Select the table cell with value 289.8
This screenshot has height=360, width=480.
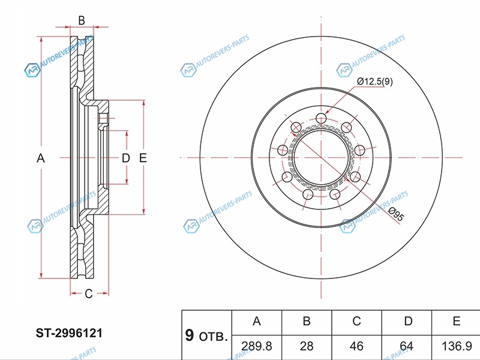pos(256,346)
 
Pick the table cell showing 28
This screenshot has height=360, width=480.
pos(306,346)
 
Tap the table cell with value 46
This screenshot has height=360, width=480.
pos(356,346)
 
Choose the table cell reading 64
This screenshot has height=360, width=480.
pos(408,346)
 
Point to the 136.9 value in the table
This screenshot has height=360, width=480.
pos(456,346)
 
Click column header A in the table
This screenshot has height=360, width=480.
pos(256,322)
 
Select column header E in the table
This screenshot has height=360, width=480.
pos(456,322)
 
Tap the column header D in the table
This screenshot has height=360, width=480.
pos(408,322)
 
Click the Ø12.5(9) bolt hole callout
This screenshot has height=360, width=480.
pos(375,82)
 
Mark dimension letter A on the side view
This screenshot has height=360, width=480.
pos(41,158)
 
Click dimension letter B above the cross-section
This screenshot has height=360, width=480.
pos(82,20)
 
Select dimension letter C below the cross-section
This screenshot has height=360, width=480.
pos(88,293)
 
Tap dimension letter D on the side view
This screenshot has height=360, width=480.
pos(125,158)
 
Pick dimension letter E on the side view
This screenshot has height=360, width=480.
pos(143,158)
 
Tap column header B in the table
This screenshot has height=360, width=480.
pos(306,322)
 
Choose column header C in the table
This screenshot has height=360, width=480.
pos(356,322)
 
